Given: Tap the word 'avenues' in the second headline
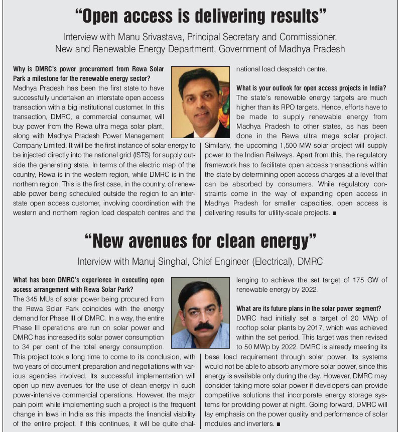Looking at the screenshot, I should pyautogui.click(x=163, y=242).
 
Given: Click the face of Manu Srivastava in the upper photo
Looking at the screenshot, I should pyautogui.click(x=201, y=98).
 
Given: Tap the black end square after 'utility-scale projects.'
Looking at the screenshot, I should pyautogui.click(x=334, y=213).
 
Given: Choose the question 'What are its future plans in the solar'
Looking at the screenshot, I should pyautogui.click(x=309, y=308).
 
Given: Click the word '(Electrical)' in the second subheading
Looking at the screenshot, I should pyautogui.click(x=278, y=262).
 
